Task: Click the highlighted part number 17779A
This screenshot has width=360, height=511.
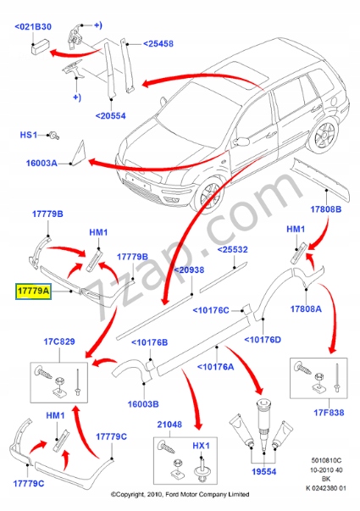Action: (31, 291)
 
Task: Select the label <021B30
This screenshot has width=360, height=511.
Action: (33, 26)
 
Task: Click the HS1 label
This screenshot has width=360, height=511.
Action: (30, 135)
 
